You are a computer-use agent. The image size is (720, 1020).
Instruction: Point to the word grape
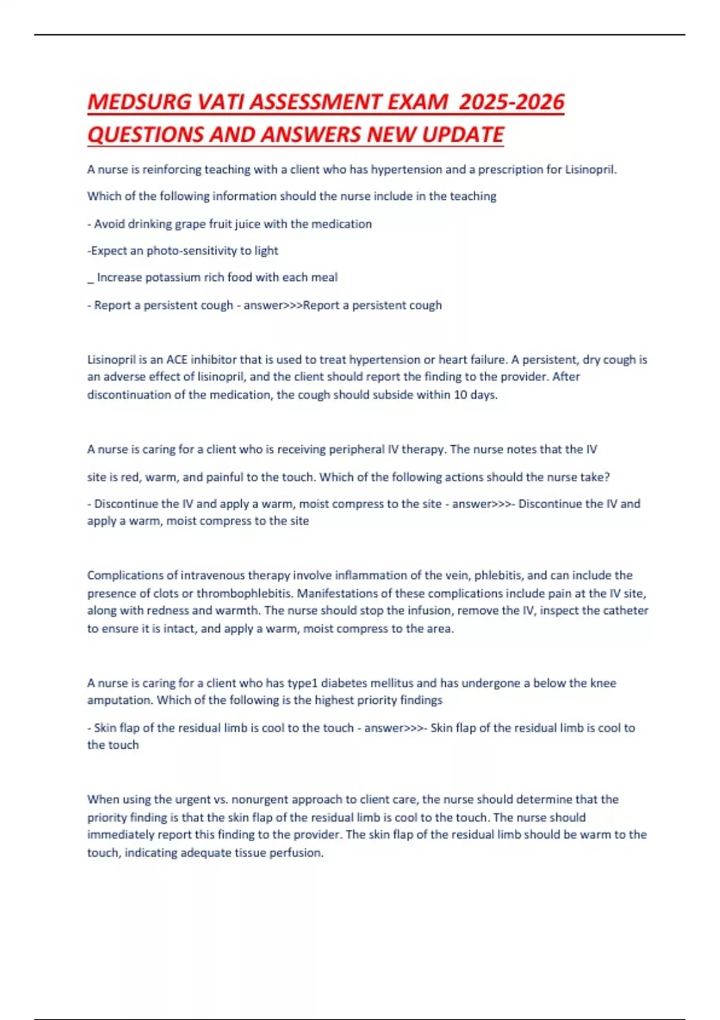pos(190,224)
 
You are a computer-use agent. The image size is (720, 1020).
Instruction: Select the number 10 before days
pos(461,395)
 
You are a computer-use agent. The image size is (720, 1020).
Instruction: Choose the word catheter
pos(623,611)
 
